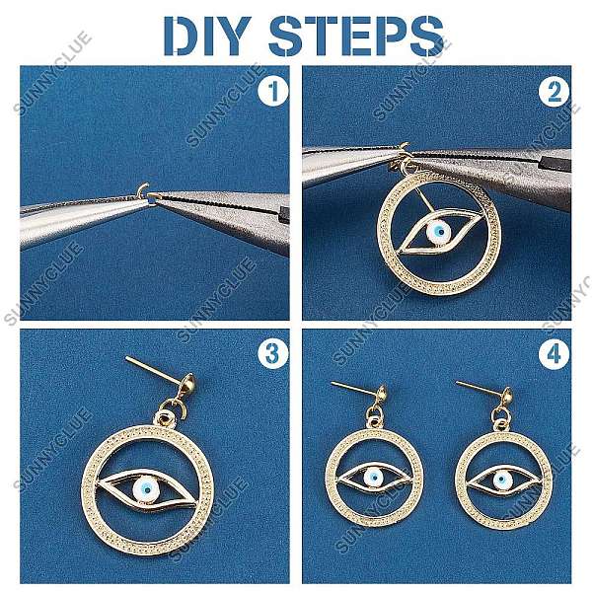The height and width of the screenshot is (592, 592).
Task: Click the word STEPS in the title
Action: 356,37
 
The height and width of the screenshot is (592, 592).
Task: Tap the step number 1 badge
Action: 273,91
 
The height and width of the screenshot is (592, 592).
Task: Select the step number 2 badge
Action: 554,91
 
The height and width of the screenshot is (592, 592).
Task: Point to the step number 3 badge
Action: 273,354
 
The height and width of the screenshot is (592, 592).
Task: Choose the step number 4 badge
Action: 554,354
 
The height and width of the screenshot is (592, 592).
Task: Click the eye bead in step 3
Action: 146,489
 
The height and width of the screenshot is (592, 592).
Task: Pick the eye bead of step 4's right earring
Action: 503,480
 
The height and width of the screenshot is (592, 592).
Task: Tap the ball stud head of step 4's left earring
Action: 382,394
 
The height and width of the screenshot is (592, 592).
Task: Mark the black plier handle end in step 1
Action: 284,213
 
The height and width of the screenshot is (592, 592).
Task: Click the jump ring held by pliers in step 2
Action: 402,151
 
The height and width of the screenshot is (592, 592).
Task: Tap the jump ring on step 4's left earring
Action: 375,412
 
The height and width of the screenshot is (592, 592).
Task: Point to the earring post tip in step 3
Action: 127,358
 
